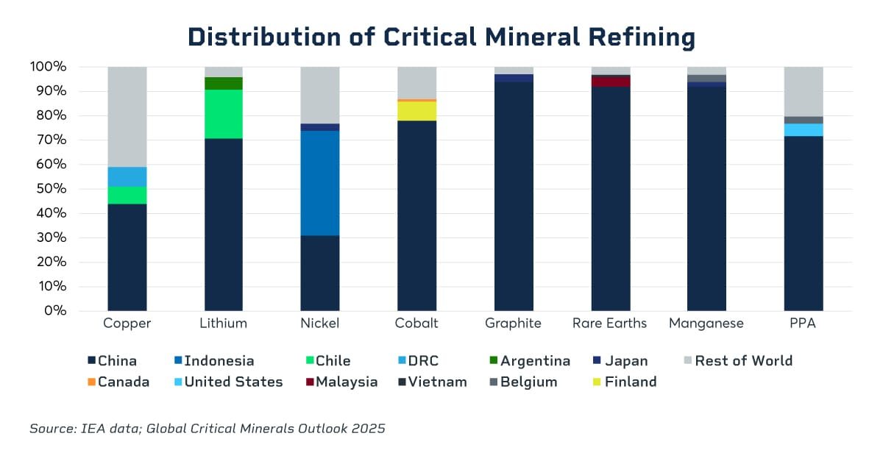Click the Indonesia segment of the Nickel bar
(320, 182)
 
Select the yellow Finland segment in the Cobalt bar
(416, 110)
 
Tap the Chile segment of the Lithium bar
(224, 114)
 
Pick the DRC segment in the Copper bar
(127, 176)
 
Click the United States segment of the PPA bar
(803, 129)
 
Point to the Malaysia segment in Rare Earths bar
(610, 82)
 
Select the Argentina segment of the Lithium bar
(224, 83)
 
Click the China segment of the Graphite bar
(514, 196)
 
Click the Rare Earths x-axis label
(610, 324)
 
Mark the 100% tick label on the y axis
(49, 67)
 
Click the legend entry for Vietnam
(433, 382)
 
